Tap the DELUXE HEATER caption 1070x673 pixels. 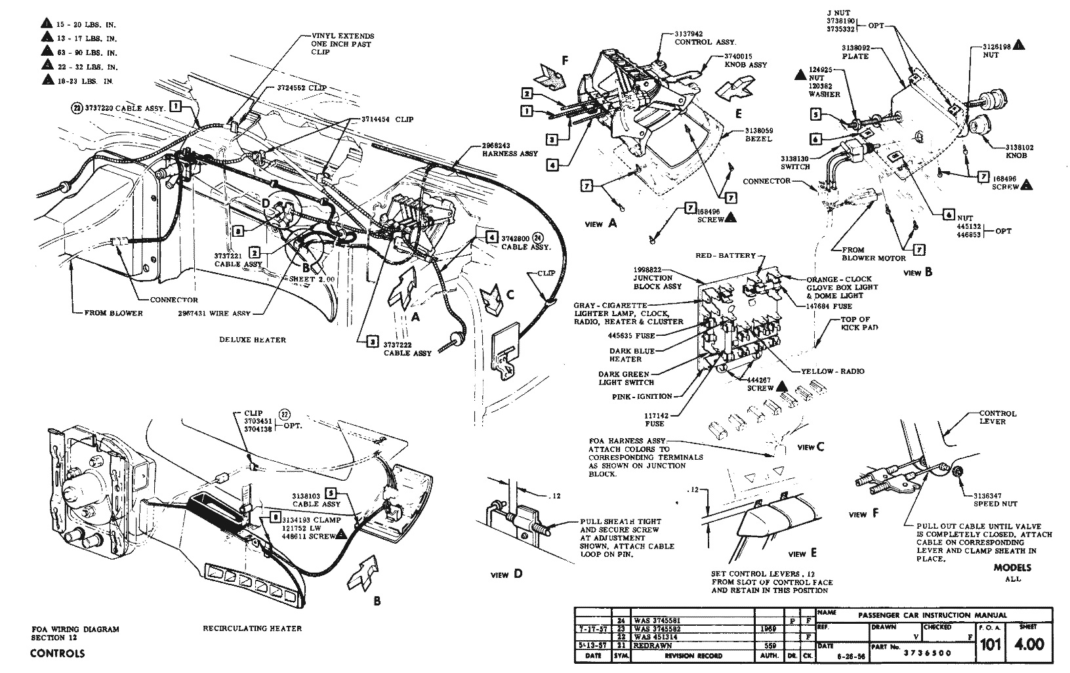tap(253, 340)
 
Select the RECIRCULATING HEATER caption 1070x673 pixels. tap(253, 628)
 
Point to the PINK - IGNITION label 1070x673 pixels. tap(641, 396)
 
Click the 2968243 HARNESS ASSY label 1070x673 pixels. tap(509, 150)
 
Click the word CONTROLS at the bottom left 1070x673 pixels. tap(57, 653)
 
